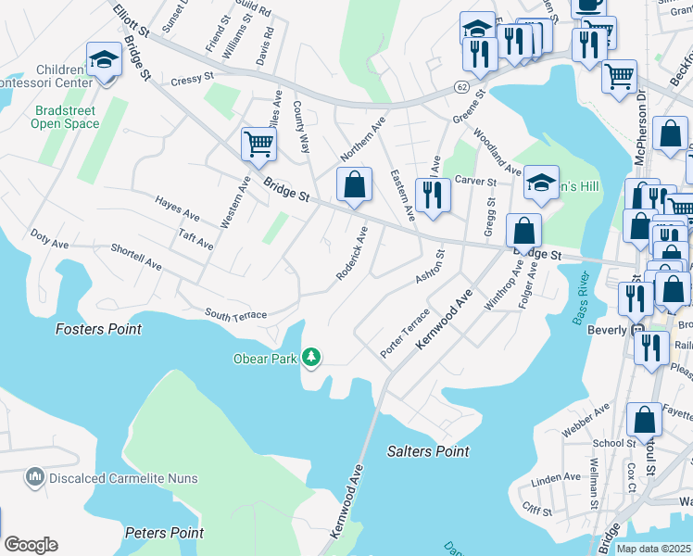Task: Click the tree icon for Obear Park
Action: [x=312, y=357]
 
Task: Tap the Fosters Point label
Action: [x=98, y=329]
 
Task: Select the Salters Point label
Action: [x=427, y=451]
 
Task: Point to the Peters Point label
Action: [x=164, y=533]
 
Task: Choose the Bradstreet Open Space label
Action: [x=65, y=116]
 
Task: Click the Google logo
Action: [x=31, y=545]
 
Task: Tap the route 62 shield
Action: [x=461, y=86]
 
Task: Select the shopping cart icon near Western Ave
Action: [x=258, y=144]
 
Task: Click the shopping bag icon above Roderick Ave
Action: [x=353, y=183]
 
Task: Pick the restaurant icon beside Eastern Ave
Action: [x=433, y=194]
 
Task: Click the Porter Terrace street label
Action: [x=405, y=334]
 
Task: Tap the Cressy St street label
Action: [x=192, y=82]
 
